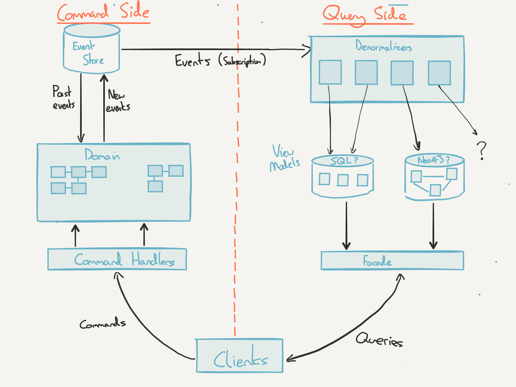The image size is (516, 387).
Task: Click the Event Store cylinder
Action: tap(91, 49)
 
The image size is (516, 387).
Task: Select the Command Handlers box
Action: tap(117, 259)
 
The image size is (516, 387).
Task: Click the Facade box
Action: tap(392, 261)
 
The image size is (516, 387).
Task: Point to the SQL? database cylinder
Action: tap(342, 176)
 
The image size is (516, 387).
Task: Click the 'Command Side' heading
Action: tap(103, 13)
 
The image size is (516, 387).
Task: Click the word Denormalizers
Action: tap(383, 46)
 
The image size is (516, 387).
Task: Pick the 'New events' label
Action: tap(117, 101)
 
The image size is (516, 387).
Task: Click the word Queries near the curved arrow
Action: tap(379, 340)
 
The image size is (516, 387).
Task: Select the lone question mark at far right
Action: tap(481, 150)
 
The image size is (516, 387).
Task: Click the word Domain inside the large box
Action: tap(102, 155)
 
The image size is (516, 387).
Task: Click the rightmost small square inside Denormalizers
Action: tap(439, 73)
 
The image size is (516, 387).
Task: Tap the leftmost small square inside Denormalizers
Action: tap(330, 72)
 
